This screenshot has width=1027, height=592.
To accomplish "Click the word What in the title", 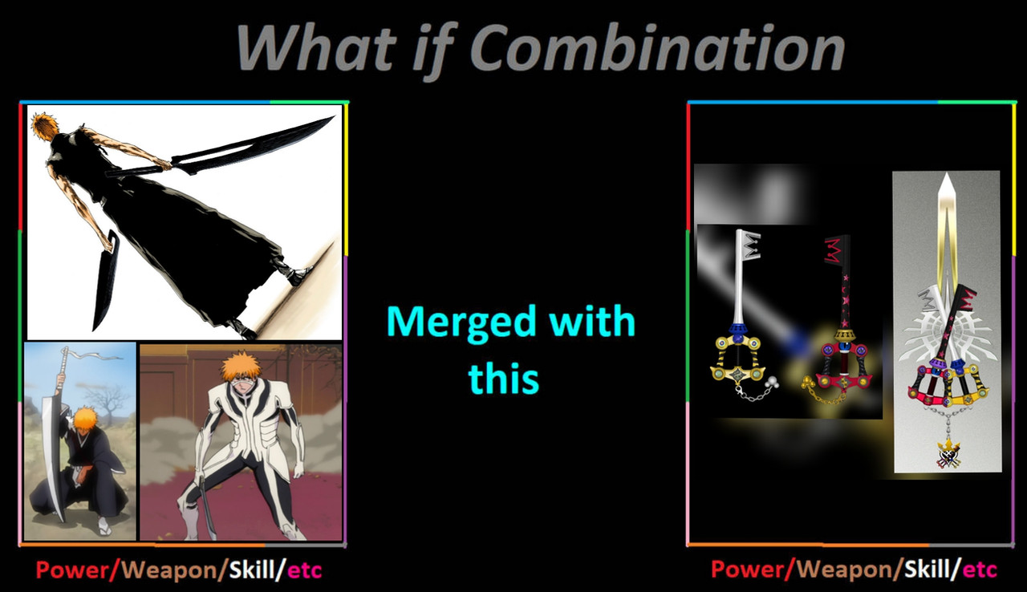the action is point(315,47).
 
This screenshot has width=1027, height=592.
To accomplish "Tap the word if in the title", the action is point(436,50).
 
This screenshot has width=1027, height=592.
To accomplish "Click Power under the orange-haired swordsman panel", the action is point(72,570).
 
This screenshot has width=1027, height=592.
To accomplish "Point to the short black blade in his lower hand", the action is point(106,281).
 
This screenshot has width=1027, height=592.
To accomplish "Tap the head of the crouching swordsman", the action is point(85,419).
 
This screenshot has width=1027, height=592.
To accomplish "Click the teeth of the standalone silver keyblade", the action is point(750,244).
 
